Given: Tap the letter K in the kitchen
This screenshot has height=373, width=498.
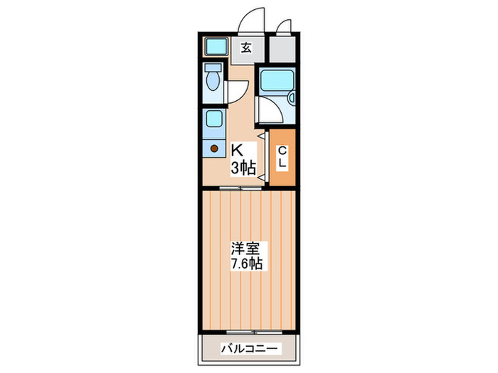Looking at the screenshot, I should point(238,151).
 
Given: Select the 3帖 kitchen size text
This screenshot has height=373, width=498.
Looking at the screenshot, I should point(243,168).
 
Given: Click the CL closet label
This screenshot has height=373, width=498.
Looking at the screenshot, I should point(282,157).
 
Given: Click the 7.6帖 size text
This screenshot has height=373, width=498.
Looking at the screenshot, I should point(245,264).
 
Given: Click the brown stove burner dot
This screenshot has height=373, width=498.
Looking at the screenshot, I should point(213,148).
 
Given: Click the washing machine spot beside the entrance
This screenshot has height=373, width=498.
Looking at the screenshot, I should point(215,48).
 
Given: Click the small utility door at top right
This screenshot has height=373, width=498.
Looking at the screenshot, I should point(283,26).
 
